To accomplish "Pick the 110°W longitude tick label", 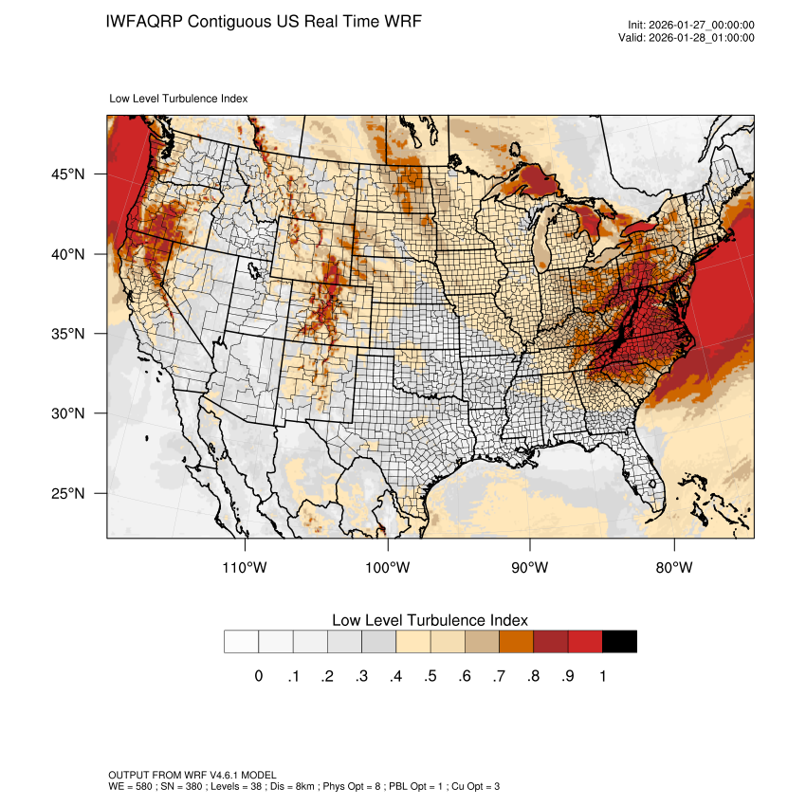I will click(x=246, y=567).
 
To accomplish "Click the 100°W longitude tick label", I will click(x=388, y=567).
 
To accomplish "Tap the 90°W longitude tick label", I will click(x=530, y=567).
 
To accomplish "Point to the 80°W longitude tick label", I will click(x=673, y=567).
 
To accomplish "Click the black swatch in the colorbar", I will click(x=619, y=642).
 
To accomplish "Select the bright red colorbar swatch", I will click(x=585, y=642).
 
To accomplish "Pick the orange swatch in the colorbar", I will click(x=517, y=642).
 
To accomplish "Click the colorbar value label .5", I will click(x=430, y=676).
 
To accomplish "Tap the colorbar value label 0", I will click(x=258, y=676).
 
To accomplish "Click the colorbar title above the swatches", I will click(x=430, y=619).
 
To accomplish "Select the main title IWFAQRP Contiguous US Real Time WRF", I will click(x=264, y=21).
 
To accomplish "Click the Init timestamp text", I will click(x=691, y=25).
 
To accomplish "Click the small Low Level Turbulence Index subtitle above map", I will click(x=178, y=98).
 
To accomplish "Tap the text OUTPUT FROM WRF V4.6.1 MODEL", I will click(x=192, y=776).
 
